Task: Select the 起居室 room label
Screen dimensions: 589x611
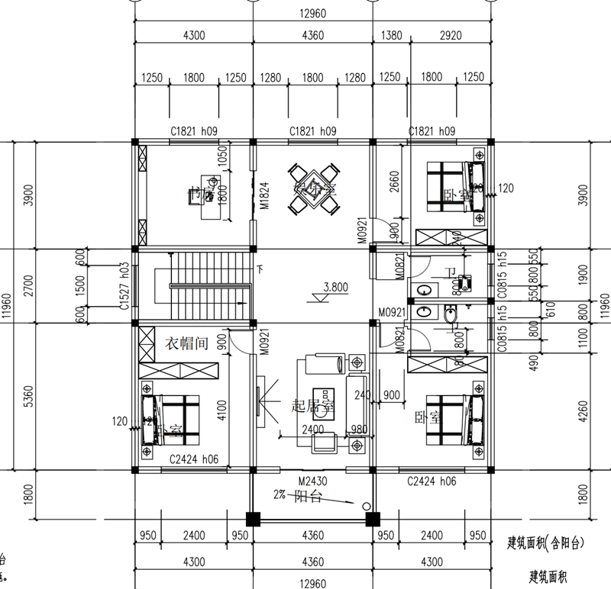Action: [x=314, y=407]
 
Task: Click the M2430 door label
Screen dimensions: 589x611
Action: [x=313, y=481]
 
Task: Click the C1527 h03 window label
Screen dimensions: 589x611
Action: [x=124, y=287]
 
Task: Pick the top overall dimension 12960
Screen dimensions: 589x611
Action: [x=312, y=12]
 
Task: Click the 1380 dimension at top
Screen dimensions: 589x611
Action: [x=390, y=35]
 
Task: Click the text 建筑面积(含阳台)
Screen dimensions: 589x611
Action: [x=546, y=543]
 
